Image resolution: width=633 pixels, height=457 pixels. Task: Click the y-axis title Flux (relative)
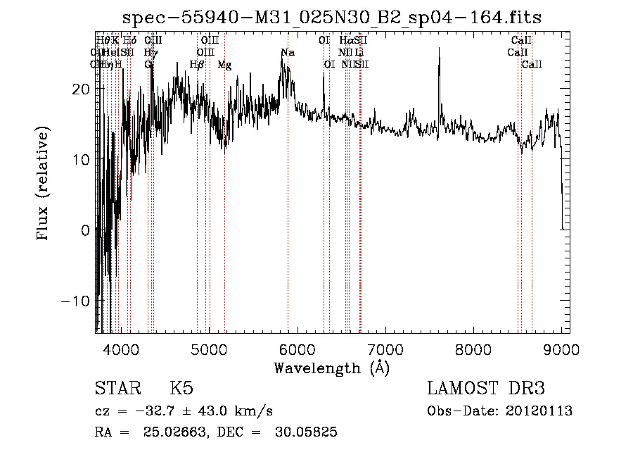tap(44, 184)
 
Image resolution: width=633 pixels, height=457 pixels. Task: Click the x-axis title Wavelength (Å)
tap(331, 368)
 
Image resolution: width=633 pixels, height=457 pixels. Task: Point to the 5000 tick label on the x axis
tap(209, 349)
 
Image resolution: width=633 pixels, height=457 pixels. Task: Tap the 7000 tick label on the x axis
tap(385, 349)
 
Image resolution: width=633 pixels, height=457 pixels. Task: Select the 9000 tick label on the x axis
tap(561, 349)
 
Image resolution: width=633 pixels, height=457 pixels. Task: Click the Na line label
tap(288, 53)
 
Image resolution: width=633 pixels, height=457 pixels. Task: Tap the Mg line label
tap(224, 65)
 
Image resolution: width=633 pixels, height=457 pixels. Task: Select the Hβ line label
tap(197, 65)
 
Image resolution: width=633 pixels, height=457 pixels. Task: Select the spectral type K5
tap(181, 389)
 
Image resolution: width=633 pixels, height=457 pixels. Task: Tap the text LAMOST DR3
tap(486, 389)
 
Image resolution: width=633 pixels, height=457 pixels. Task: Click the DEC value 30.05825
tap(304, 432)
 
